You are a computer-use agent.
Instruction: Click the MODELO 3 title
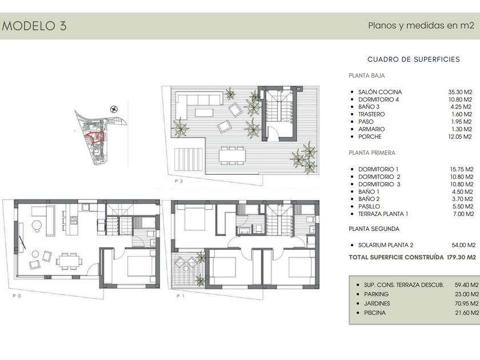tap(34, 26)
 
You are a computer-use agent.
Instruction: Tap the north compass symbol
tap(114, 109)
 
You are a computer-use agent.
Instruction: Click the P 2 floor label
tap(179, 181)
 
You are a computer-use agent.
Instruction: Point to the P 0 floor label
tap(17, 296)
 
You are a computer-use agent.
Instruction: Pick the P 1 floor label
tap(181, 296)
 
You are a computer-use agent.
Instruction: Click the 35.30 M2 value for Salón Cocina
tap(460, 92)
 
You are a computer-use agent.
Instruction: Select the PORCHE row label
tap(370, 137)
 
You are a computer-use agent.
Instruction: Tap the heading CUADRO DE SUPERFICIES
tap(414, 59)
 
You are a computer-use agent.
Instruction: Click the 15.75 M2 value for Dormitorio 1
tap(462, 169)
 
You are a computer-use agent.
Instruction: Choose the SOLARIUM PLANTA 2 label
tap(386, 245)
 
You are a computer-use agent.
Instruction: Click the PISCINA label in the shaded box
tap(375, 313)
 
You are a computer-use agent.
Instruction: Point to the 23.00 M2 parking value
tap(466, 294)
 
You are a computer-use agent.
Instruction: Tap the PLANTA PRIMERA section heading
tap(372, 153)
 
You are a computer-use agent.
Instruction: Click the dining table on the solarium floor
tap(232, 155)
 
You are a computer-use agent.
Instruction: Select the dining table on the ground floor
tap(69, 261)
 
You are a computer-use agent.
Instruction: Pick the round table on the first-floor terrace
tap(186, 269)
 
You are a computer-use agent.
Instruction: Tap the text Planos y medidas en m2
tap(421, 25)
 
